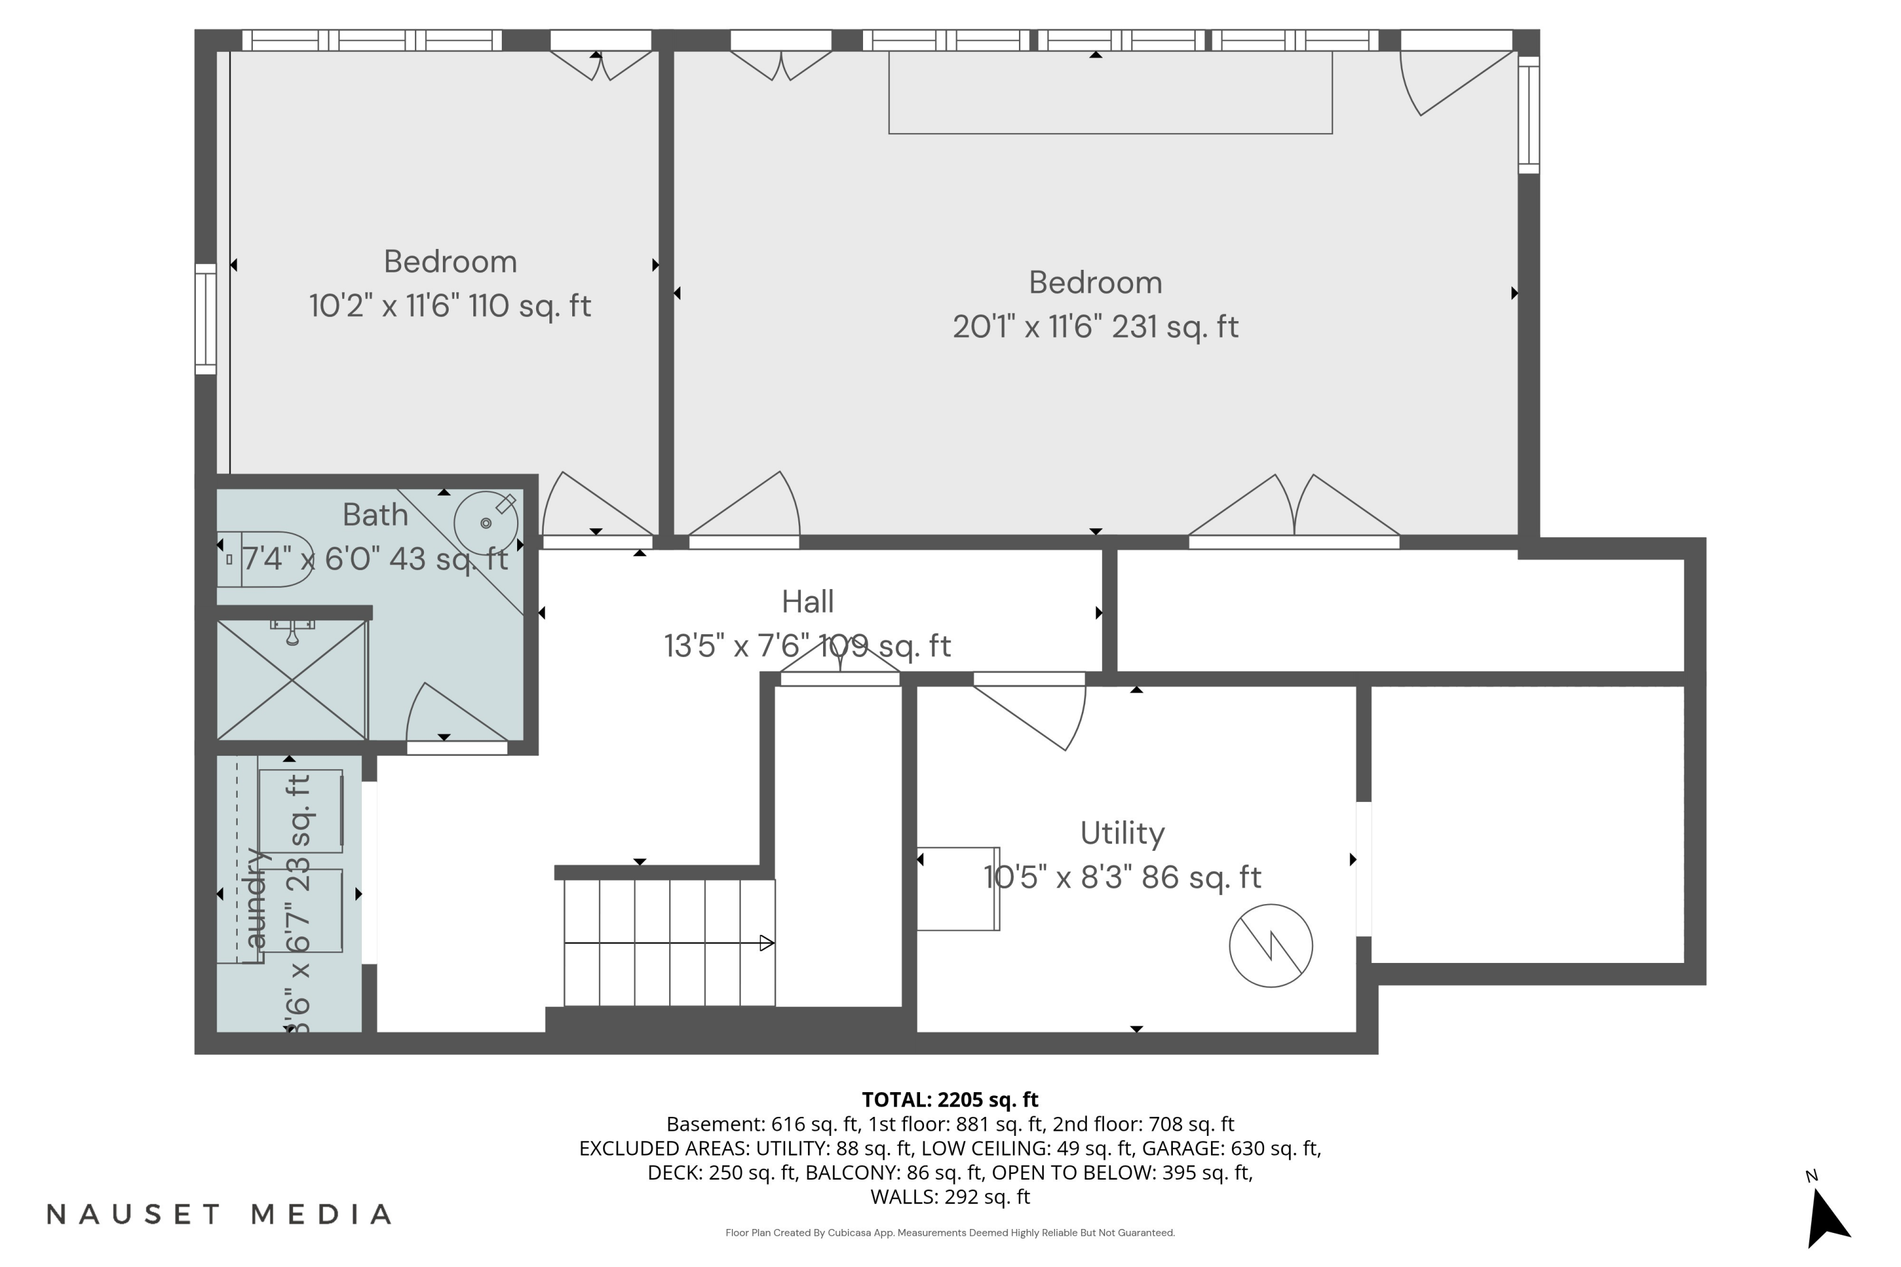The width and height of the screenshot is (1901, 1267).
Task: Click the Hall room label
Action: tap(807, 602)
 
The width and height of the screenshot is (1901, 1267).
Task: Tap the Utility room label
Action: tap(1122, 834)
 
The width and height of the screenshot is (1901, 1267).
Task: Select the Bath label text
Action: tap(375, 514)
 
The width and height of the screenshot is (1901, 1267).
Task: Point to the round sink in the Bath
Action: tap(486, 523)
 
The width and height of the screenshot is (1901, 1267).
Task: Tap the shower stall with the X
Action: tap(291, 680)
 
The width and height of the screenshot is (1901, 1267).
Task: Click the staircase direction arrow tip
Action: tap(774, 943)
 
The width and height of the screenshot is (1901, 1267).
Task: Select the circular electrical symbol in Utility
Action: tap(1271, 945)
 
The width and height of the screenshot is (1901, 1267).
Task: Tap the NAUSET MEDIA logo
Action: tap(219, 1214)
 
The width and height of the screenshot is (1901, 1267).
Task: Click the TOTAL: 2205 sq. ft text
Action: tap(950, 1100)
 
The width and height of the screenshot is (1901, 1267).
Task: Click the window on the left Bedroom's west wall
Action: tap(206, 319)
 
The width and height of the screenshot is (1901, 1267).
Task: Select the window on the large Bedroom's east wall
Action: tap(1528, 114)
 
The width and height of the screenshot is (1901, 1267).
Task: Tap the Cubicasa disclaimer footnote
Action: tap(950, 1233)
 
